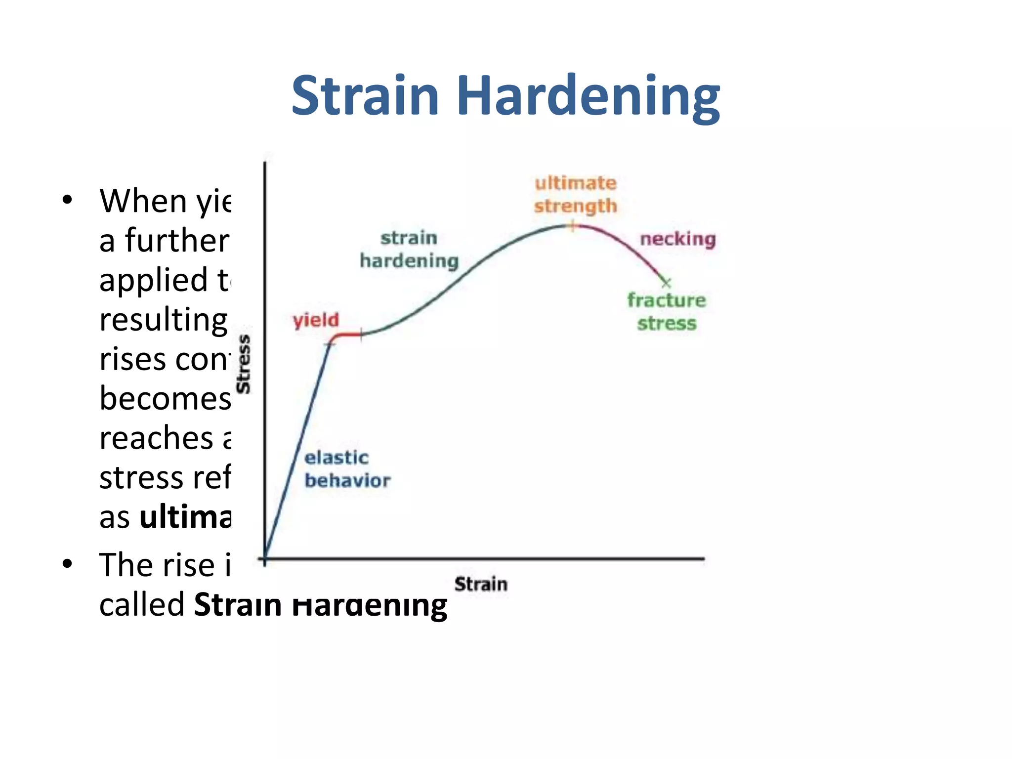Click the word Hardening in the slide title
(588, 97)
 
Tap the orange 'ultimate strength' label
(575, 195)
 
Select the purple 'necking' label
(677, 239)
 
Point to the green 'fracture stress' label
(666, 312)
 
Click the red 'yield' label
(316, 320)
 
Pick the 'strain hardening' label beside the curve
(409, 250)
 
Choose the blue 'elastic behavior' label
(347, 469)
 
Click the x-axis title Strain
(480, 584)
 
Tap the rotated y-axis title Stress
(244, 364)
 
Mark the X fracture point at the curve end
(666, 283)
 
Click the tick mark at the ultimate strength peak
(572, 226)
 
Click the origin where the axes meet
(265, 559)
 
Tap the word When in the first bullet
(143, 201)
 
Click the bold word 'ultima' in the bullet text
(185, 518)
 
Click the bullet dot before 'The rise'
(68, 564)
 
